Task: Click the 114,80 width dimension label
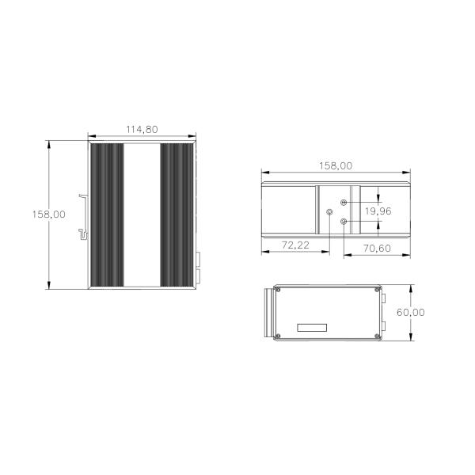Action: pyautogui.click(x=142, y=130)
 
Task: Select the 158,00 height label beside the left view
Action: pyautogui.click(x=49, y=215)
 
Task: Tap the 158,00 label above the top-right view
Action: pyautogui.click(x=336, y=166)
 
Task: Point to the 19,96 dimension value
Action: pyautogui.click(x=378, y=211)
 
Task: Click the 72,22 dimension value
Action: pyautogui.click(x=295, y=245)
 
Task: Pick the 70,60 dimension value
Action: pyautogui.click(x=377, y=249)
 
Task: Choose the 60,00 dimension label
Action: pyautogui.click(x=411, y=313)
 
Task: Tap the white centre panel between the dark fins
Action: pyautogui.click(x=142, y=215)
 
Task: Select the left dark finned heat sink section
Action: pyautogui.click(x=107, y=215)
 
